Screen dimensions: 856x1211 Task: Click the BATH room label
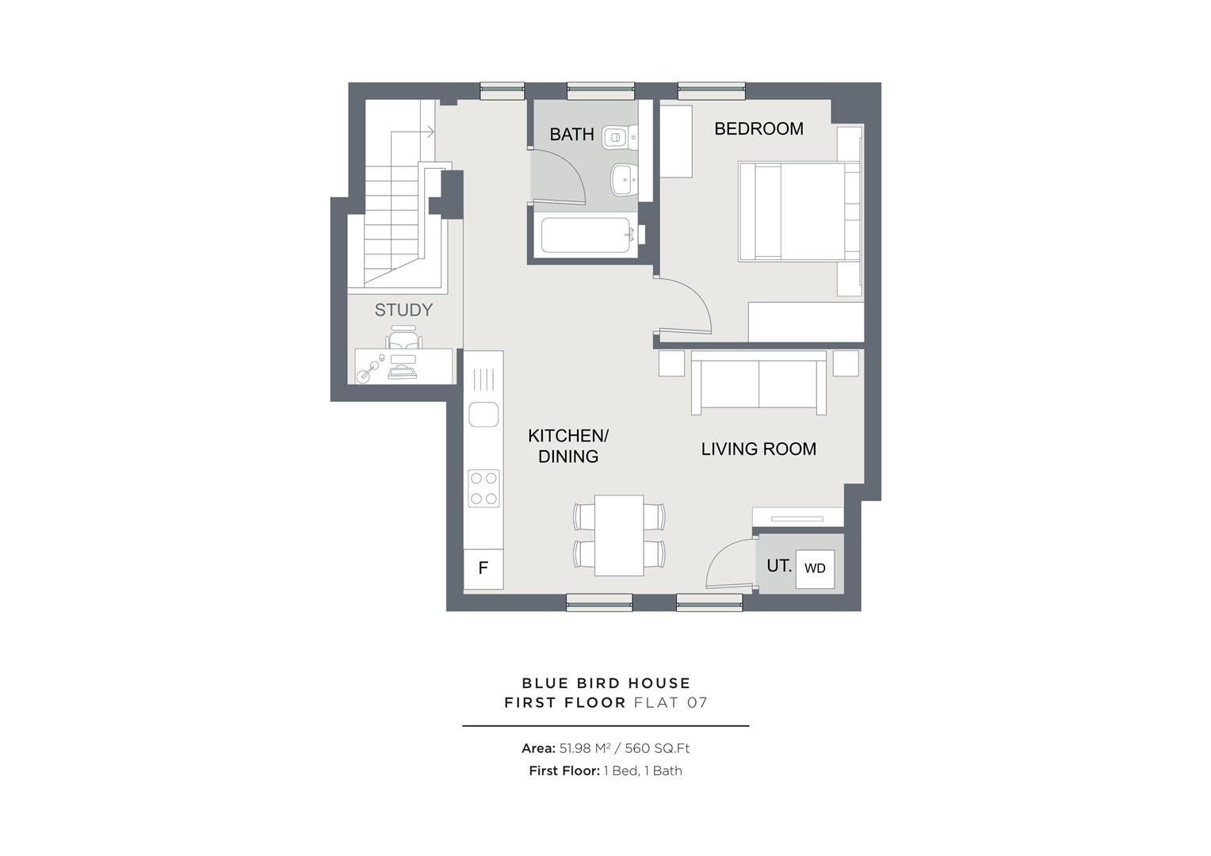coord(571,135)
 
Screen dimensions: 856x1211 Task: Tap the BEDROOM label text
coord(758,128)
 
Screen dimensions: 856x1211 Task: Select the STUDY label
coord(403,310)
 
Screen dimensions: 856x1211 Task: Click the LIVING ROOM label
coord(758,449)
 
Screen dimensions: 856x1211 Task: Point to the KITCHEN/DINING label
coord(568,446)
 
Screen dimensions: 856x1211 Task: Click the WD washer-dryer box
coord(815,568)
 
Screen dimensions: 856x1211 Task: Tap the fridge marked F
coord(483,568)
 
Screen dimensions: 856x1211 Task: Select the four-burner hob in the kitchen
coord(483,488)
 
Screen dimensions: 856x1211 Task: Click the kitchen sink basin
coord(483,415)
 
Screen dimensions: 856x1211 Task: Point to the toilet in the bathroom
coord(616,138)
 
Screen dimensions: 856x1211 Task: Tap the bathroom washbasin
coord(623,178)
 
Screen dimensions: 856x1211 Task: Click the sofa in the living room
coord(758,384)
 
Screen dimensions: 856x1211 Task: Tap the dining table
coord(619,535)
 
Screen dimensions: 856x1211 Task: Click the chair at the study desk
coord(403,340)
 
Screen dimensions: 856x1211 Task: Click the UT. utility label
coord(778,566)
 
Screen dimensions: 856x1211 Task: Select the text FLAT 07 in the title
coord(670,702)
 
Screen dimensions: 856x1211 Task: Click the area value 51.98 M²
coord(585,748)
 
